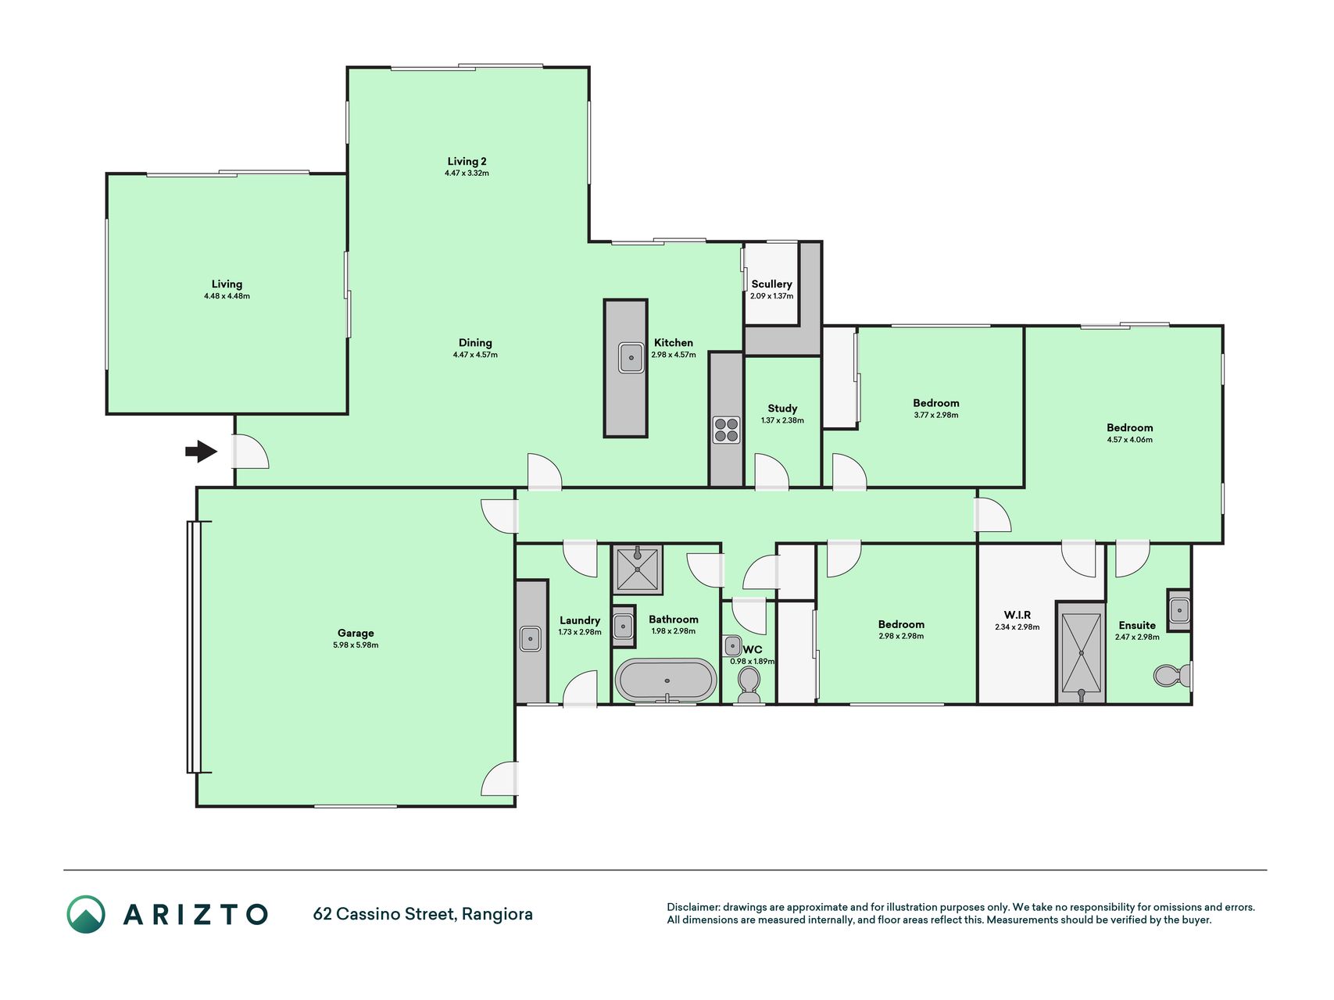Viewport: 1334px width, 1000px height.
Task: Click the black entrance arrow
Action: pyautogui.click(x=201, y=451)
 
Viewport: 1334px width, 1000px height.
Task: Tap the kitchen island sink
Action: pyautogui.click(x=631, y=358)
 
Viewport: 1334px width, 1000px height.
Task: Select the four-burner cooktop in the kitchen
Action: pyautogui.click(x=726, y=430)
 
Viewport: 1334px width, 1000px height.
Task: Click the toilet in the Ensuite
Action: pyautogui.click(x=1171, y=674)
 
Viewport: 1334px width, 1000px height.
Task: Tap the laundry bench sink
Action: pyautogui.click(x=531, y=639)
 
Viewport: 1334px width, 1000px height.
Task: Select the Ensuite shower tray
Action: pyautogui.click(x=1082, y=653)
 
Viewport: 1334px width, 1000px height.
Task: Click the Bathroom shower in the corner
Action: pyautogui.click(x=638, y=569)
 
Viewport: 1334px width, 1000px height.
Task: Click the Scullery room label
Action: pyautogui.click(x=771, y=284)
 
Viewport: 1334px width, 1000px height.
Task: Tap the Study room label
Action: pyautogui.click(x=782, y=409)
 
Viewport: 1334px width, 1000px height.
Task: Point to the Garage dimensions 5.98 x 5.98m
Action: pyautogui.click(x=356, y=645)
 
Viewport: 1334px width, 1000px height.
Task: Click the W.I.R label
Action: pyautogui.click(x=1017, y=615)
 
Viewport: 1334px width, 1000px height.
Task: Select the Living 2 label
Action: pyautogui.click(x=467, y=162)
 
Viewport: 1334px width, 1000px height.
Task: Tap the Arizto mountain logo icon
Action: pyautogui.click(x=86, y=914)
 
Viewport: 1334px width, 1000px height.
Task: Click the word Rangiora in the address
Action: pyautogui.click(x=497, y=914)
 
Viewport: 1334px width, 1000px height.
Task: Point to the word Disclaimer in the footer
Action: pyautogui.click(x=692, y=907)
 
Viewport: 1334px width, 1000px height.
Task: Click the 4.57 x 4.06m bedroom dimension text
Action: pyautogui.click(x=1129, y=440)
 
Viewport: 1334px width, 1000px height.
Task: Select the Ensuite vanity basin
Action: pyautogui.click(x=1179, y=610)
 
